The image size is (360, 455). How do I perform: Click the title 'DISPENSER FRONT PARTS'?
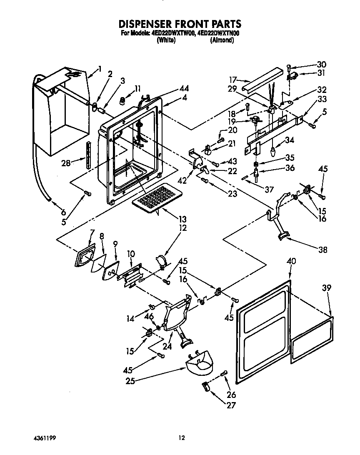pos(180,24)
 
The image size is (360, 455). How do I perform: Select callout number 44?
pos(184,88)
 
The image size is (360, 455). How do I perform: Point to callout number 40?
pos(292,261)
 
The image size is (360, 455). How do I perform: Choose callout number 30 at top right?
pos(321,65)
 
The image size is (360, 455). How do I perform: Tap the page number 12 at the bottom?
pos(181,438)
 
